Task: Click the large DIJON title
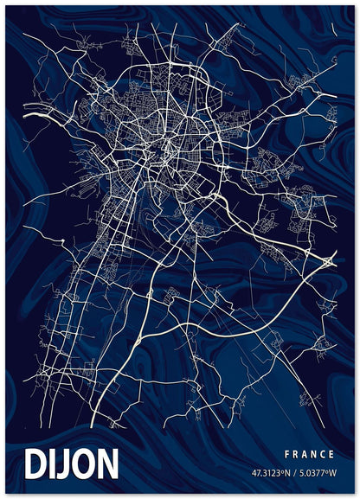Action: pyautogui.click(x=73, y=464)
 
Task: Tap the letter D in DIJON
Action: pyautogui.click(x=38, y=464)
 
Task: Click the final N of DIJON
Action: pyautogui.click(x=107, y=464)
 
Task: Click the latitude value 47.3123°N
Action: pyautogui.click(x=271, y=473)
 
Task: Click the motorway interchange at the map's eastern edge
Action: pyautogui.click(x=329, y=259)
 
